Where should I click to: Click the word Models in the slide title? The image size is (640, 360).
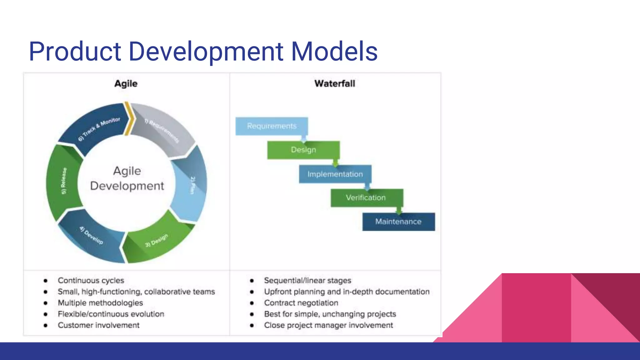[334, 52]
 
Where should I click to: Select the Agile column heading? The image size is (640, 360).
[126, 84]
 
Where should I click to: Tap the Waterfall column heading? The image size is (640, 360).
[335, 84]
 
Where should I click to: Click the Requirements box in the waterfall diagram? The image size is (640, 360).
[272, 126]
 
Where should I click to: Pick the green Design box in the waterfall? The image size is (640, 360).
[303, 150]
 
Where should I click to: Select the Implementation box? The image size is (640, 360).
[335, 174]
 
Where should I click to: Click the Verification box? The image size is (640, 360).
[366, 198]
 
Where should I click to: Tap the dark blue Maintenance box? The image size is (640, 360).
[398, 222]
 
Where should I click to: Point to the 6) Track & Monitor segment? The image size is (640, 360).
[98, 129]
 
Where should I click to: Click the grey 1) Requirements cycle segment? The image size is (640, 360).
[162, 131]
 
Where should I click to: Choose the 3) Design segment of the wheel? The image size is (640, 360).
[156, 241]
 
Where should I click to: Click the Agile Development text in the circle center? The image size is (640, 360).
[127, 178]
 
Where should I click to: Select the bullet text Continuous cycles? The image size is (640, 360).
[91, 281]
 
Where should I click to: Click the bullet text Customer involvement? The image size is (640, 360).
[98, 325]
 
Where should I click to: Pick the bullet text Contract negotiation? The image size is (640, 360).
[301, 303]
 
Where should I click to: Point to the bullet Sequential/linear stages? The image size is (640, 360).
[307, 281]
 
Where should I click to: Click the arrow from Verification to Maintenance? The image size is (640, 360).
[399, 210]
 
